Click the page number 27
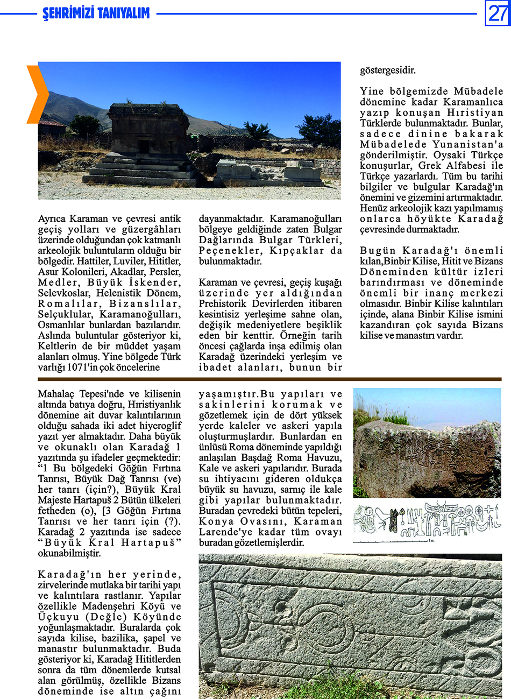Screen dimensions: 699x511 (497, 13)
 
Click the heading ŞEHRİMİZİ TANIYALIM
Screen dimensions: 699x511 (96, 13)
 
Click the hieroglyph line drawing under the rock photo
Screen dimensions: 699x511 (427, 521)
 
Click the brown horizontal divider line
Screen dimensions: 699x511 (269, 380)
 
